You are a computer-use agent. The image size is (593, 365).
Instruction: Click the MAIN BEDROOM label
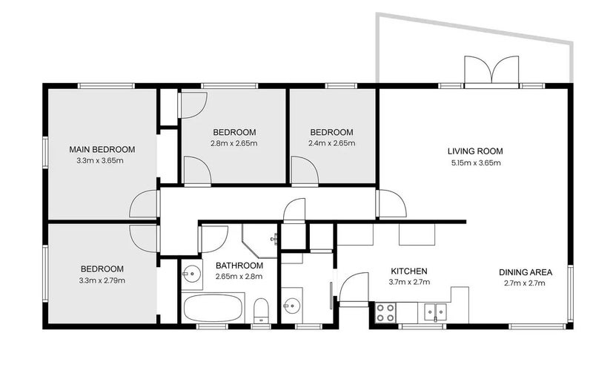pos(102,148)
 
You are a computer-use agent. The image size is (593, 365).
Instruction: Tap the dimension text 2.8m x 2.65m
pos(233,143)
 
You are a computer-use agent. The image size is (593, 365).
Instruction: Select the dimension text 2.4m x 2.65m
pos(331,143)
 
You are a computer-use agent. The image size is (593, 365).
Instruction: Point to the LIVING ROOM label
pos(475,151)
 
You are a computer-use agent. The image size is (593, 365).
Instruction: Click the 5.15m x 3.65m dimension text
pos(475,162)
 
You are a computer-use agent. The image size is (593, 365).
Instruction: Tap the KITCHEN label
pos(409,272)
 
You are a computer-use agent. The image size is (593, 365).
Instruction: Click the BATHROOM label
pos(239,266)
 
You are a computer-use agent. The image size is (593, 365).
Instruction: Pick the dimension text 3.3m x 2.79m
pos(102,280)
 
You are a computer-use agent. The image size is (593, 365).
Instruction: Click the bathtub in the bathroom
pos(213,307)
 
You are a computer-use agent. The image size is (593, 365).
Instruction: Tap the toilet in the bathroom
pos(261,309)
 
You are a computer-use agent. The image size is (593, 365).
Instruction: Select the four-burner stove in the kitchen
pos(385,312)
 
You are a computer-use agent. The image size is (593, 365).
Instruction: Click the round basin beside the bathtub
pos(191,275)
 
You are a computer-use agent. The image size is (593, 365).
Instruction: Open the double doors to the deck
pos(491,72)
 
